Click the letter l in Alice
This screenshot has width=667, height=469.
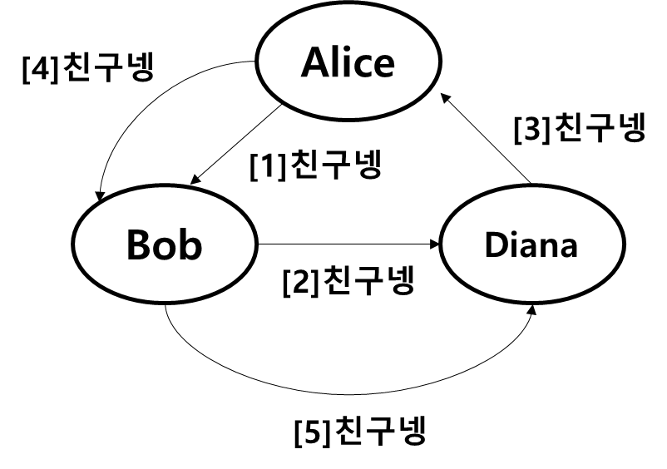click(x=338, y=62)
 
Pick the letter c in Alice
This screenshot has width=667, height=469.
click(x=363, y=67)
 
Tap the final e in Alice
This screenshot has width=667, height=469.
click(x=383, y=67)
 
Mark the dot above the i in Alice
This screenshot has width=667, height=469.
click(x=348, y=49)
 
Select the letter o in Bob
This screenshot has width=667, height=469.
click(x=165, y=249)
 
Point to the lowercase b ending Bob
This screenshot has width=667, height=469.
click(x=190, y=245)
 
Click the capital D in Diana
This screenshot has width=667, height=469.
click(x=496, y=245)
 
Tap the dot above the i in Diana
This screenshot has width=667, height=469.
click(x=513, y=234)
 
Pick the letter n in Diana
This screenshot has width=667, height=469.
click(x=549, y=248)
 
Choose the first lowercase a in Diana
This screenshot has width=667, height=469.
click(x=529, y=249)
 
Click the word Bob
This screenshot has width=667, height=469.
click(x=164, y=245)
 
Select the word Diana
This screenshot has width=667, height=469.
click(x=531, y=245)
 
